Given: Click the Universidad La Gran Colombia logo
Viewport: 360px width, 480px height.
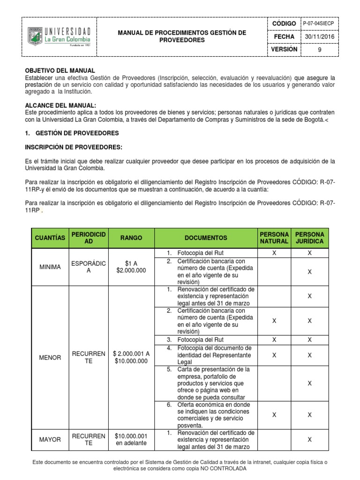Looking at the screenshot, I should coord(59,36).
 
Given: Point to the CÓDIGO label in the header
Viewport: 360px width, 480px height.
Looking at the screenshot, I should coord(284,23).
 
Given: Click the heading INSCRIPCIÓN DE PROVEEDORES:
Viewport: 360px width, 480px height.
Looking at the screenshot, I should coord(73,147).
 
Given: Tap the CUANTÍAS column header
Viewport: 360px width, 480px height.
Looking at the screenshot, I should coord(50,238).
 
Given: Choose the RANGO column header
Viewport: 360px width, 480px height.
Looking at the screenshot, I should coord(131,238).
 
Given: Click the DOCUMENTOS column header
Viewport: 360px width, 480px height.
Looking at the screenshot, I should coord(206,238).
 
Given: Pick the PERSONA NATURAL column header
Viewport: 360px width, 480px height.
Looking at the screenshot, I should coord(274,238).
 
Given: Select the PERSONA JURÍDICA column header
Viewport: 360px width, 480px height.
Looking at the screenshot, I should coord(309,238).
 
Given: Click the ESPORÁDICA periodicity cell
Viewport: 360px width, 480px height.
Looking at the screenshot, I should coord(89,267).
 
